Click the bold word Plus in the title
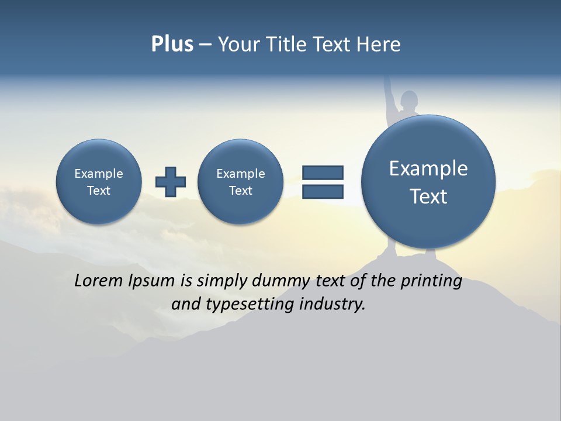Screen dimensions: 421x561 click(172, 44)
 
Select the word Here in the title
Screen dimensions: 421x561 click(379, 44)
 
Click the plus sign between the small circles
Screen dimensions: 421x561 click(171, 182)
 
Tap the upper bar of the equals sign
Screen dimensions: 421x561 click(323, 172)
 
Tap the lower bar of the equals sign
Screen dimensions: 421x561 click(323, 192)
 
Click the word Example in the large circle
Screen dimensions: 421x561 click(428, 168)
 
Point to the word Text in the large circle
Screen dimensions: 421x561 click(428, 196)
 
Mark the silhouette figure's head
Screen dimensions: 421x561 click(410, 98)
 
